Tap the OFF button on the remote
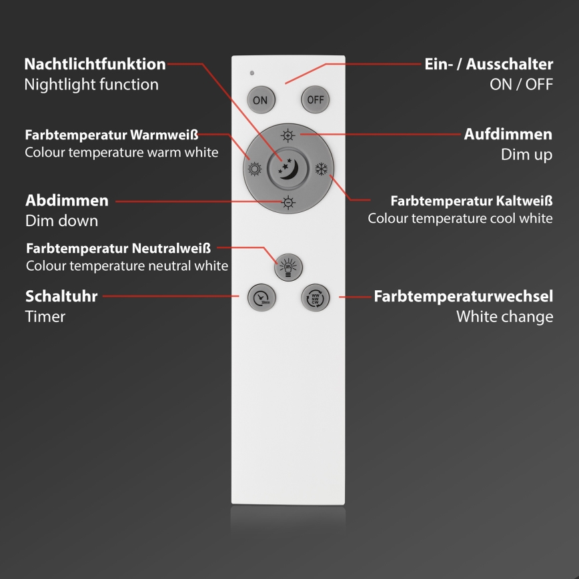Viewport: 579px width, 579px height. pyautogui.click(x=315, y=100)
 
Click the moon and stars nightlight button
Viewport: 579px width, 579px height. pyautogui.click(x=288, y=169)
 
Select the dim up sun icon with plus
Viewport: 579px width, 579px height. pyautogui.click(x=288, y=135)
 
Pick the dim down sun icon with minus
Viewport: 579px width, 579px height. pyautogui.click(x=288, y=202)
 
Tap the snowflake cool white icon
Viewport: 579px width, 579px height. pyautogui.click(x=322, y=169)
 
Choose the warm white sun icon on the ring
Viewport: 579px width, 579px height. pyautogui.click(x=254, y=169)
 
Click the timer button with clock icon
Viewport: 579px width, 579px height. pyautogui.click(x=261, y=297)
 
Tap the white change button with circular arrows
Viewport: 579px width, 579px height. pyautogui.click(x=315, y=297)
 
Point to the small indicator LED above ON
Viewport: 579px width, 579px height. pyautogui.click(x=251, y=73)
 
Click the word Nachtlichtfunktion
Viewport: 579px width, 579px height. pyautogui.click(x=95, y=65)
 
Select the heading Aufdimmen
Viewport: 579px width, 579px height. pyautogui.click(x=508, y=134)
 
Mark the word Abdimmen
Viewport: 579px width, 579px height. pyautogui.click(x=67, y=201)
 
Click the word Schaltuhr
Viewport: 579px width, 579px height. pyautogui.click(x=61, y=296)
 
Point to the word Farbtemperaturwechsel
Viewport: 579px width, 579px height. pyautogui.click(x=463, y=296)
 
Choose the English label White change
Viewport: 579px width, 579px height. pyautogui.click(x=504, y=316)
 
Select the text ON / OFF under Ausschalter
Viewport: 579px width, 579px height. pyautogui.click(x=521, y=85)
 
